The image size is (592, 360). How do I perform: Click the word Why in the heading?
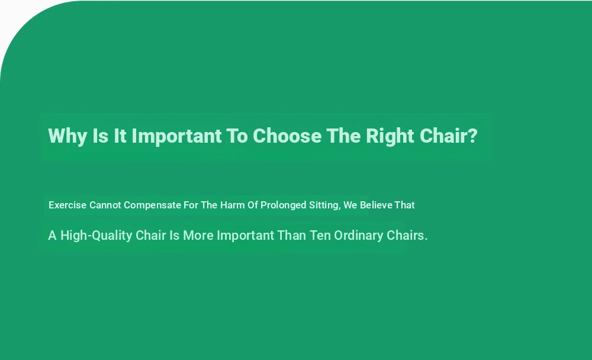click(67, 136)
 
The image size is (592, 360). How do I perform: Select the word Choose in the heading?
click(287, 136)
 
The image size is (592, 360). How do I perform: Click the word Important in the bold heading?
click(176, 136)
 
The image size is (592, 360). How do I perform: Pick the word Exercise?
click(67, 205)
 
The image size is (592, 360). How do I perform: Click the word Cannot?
click(105, 205)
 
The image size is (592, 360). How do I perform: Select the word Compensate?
click(153, 205)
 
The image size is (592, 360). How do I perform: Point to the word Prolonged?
click(283, 205)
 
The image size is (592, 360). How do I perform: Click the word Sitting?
click(324, 205)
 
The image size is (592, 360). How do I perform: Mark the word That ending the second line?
click(405, 205)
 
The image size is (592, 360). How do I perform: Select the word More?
click(198, 235)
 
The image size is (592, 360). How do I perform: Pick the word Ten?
click(320, 235)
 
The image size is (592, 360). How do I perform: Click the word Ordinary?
click(359, 236)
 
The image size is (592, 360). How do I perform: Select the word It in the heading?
click(120, 136)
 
